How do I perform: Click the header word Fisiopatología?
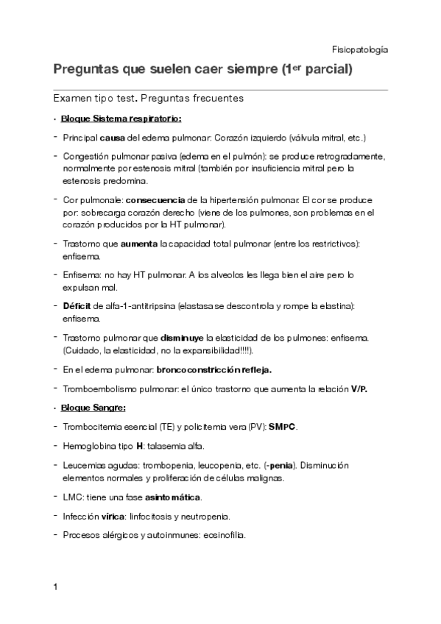(360, 50)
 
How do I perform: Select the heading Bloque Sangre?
(94, 407)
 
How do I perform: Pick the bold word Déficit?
(77, 305)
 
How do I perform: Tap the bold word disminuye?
(174, 338)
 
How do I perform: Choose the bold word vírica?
(113, 517)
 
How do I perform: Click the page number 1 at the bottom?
(56, 588)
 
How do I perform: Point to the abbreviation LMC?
(73, 497)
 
